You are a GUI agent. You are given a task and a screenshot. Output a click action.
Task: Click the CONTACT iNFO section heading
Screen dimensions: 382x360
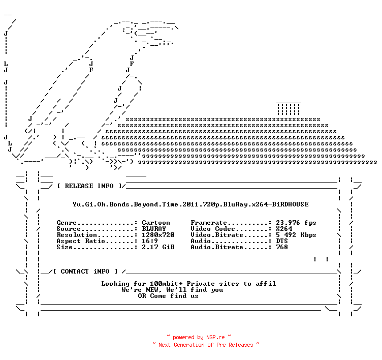[85, 272]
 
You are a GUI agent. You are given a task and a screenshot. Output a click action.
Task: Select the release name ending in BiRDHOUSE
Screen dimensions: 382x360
[191, 204]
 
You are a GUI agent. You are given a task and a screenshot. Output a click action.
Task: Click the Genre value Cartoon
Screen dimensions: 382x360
[156, 223]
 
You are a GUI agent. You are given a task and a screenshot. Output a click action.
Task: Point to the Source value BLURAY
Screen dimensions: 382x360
[154, 229]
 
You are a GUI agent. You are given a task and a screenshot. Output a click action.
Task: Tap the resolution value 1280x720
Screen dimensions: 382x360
[158, 235]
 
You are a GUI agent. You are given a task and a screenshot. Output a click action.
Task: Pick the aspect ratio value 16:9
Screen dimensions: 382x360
[150, 241]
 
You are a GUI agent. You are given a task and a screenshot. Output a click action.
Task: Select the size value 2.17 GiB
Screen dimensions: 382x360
[158, 247]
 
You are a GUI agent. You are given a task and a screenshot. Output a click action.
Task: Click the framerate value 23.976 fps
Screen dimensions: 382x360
[296, 223]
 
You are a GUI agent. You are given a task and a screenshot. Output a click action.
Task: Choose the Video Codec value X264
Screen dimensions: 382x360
[284, 229]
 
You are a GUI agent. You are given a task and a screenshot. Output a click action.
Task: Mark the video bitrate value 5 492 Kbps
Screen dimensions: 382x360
[296, 235]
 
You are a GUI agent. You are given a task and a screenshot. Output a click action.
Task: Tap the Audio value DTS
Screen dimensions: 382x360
[282, 241]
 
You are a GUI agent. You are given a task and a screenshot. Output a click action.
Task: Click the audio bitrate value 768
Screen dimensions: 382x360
[282, 247]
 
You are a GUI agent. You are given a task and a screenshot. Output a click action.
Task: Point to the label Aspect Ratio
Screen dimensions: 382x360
[81, 241]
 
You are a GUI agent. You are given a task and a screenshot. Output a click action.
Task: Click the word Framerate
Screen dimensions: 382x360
[209, 223]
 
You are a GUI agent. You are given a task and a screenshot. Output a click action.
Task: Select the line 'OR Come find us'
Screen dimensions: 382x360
[168, 296]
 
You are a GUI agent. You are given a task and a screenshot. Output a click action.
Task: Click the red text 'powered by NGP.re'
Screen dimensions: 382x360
[199, 337]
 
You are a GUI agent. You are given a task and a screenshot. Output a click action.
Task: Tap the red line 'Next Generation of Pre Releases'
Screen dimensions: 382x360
[206, 345]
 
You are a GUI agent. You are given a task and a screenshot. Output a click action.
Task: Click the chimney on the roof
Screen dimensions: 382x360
[289, 109]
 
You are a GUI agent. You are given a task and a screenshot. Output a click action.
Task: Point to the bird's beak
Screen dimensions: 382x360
[156, 33]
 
